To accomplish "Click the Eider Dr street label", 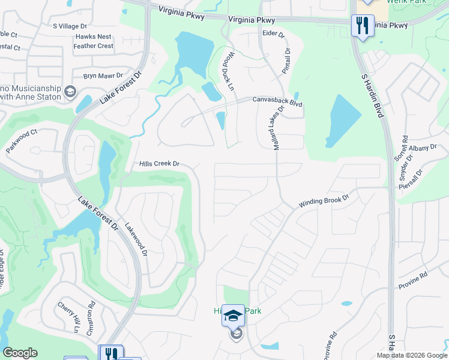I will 274,34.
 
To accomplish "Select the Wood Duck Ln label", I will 229,70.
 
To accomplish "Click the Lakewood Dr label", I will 136,241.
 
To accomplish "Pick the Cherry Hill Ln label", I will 68,317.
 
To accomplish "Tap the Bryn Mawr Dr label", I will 103,76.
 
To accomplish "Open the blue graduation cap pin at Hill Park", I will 233,315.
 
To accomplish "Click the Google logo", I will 20,353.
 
